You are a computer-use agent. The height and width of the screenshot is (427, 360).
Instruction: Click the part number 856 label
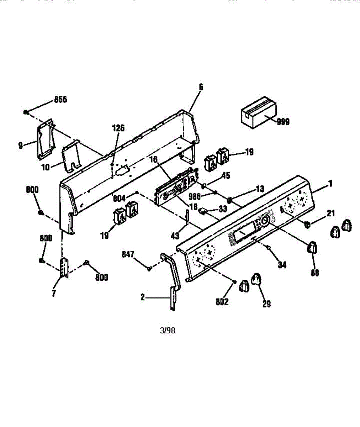(60, 100)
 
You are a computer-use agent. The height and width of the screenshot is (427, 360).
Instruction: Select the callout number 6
(201, 86)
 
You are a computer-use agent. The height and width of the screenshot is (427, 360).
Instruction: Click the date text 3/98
(168, 330)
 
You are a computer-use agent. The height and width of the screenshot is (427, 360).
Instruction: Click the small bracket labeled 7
(64, 268)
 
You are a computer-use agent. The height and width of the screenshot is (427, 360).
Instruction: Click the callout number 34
(282, 265)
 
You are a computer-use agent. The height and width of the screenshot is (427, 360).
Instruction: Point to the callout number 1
(330, 184)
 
